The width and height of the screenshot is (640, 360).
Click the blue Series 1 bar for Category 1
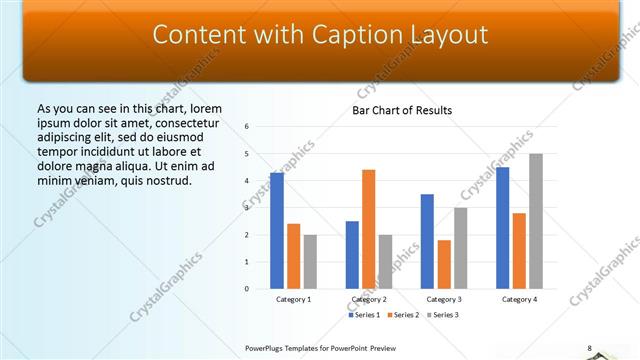point(277,231)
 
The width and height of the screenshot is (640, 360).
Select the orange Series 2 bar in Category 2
point(369,229)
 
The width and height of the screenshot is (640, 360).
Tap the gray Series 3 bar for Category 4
point(536,221)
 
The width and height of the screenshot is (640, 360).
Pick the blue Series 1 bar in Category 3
point(427,241)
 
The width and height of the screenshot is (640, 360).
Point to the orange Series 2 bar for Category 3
point(444,264)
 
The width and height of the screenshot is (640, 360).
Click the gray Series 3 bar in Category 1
point(310,262)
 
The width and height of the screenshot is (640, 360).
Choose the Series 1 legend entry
point(366,315)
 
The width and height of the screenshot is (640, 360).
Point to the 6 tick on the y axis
point(247,127)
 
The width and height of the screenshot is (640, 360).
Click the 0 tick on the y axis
point(247,289)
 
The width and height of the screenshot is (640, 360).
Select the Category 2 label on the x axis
point(369,299)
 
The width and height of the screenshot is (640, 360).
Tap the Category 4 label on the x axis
point(519,299)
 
